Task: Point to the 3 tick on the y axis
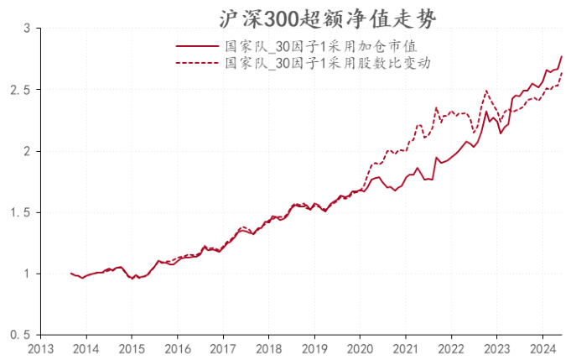[26, 29]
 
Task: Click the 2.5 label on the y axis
[21, 90]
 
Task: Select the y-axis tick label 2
[26, 151]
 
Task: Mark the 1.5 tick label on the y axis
[21, 212]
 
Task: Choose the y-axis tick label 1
[26, 274]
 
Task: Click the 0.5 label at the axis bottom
[21, 335]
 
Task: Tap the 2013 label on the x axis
[40, 347]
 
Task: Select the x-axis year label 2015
[132, 347]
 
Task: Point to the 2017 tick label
[222, 347]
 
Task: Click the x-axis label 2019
[314, 347]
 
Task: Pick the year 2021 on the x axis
[405, 347]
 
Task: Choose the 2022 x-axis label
[450, 347]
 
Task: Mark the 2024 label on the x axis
[542, 347]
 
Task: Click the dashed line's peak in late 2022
[486, 91]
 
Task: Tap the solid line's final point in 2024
[562, 56]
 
